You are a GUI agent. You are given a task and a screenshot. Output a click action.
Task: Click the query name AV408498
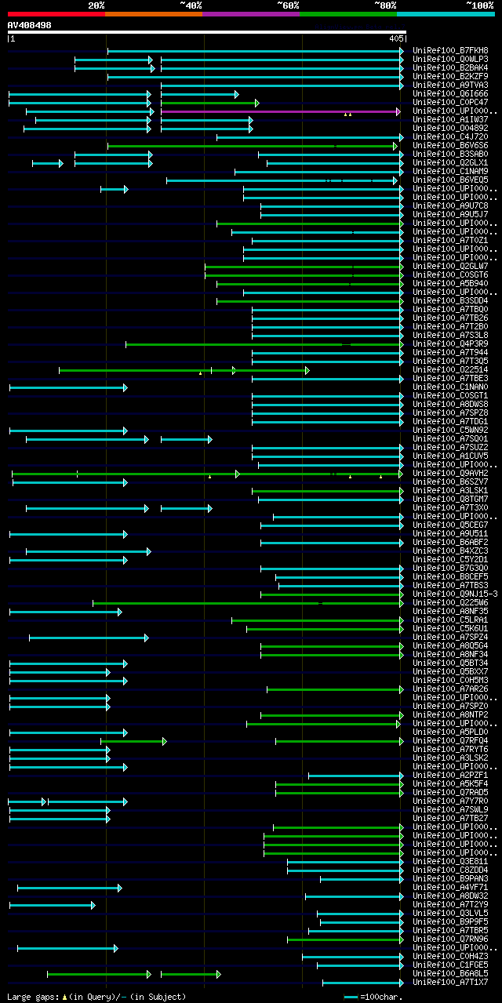point(30,25)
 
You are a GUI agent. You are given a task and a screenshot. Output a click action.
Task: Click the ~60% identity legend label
point(288,5)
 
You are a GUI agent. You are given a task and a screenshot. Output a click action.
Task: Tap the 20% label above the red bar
point(96,5)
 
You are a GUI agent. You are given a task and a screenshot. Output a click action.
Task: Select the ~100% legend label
point(480,5)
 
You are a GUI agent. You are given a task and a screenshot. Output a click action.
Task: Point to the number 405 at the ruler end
point(396,38)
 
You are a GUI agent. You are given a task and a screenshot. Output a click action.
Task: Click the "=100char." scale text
point(380,997)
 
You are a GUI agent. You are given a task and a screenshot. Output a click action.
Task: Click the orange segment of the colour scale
point(153,14)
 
